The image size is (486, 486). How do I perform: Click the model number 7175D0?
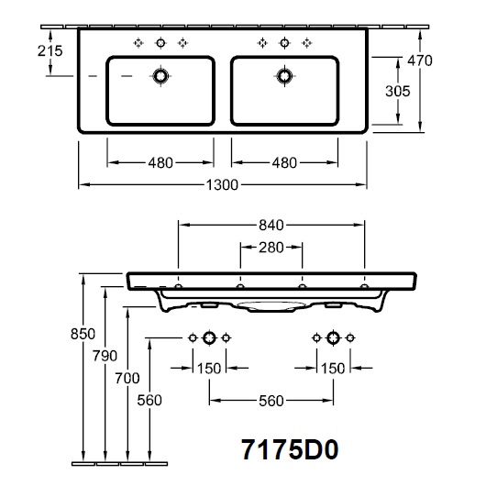[290, 449]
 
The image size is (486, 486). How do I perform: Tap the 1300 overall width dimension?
[222, 185]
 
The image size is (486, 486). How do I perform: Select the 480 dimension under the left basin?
[160, 162]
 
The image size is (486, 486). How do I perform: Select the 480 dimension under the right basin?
[284, 162]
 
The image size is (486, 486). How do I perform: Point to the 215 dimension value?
[50, 50]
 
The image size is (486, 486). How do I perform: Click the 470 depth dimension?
[420, 61]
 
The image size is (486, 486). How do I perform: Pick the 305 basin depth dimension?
[398, 91]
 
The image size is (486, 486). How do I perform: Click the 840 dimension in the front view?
[271, 226]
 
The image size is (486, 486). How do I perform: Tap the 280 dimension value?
[271, 248]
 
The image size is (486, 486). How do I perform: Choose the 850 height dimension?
[83, 334]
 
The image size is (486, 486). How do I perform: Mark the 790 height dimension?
[105, 356]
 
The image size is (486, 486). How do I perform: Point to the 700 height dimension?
[127, 378]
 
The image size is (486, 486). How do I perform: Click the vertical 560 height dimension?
[149, 401]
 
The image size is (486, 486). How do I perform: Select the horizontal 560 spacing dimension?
[271, 401]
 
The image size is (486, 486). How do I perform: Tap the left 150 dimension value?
[209, 369]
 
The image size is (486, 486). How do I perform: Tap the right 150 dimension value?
[333, 369]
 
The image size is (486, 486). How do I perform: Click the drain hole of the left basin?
[160, 76]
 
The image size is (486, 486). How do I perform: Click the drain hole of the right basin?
[284, 76]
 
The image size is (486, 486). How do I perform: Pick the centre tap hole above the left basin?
[160, 43]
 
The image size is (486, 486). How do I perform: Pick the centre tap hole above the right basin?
[284, 43]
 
